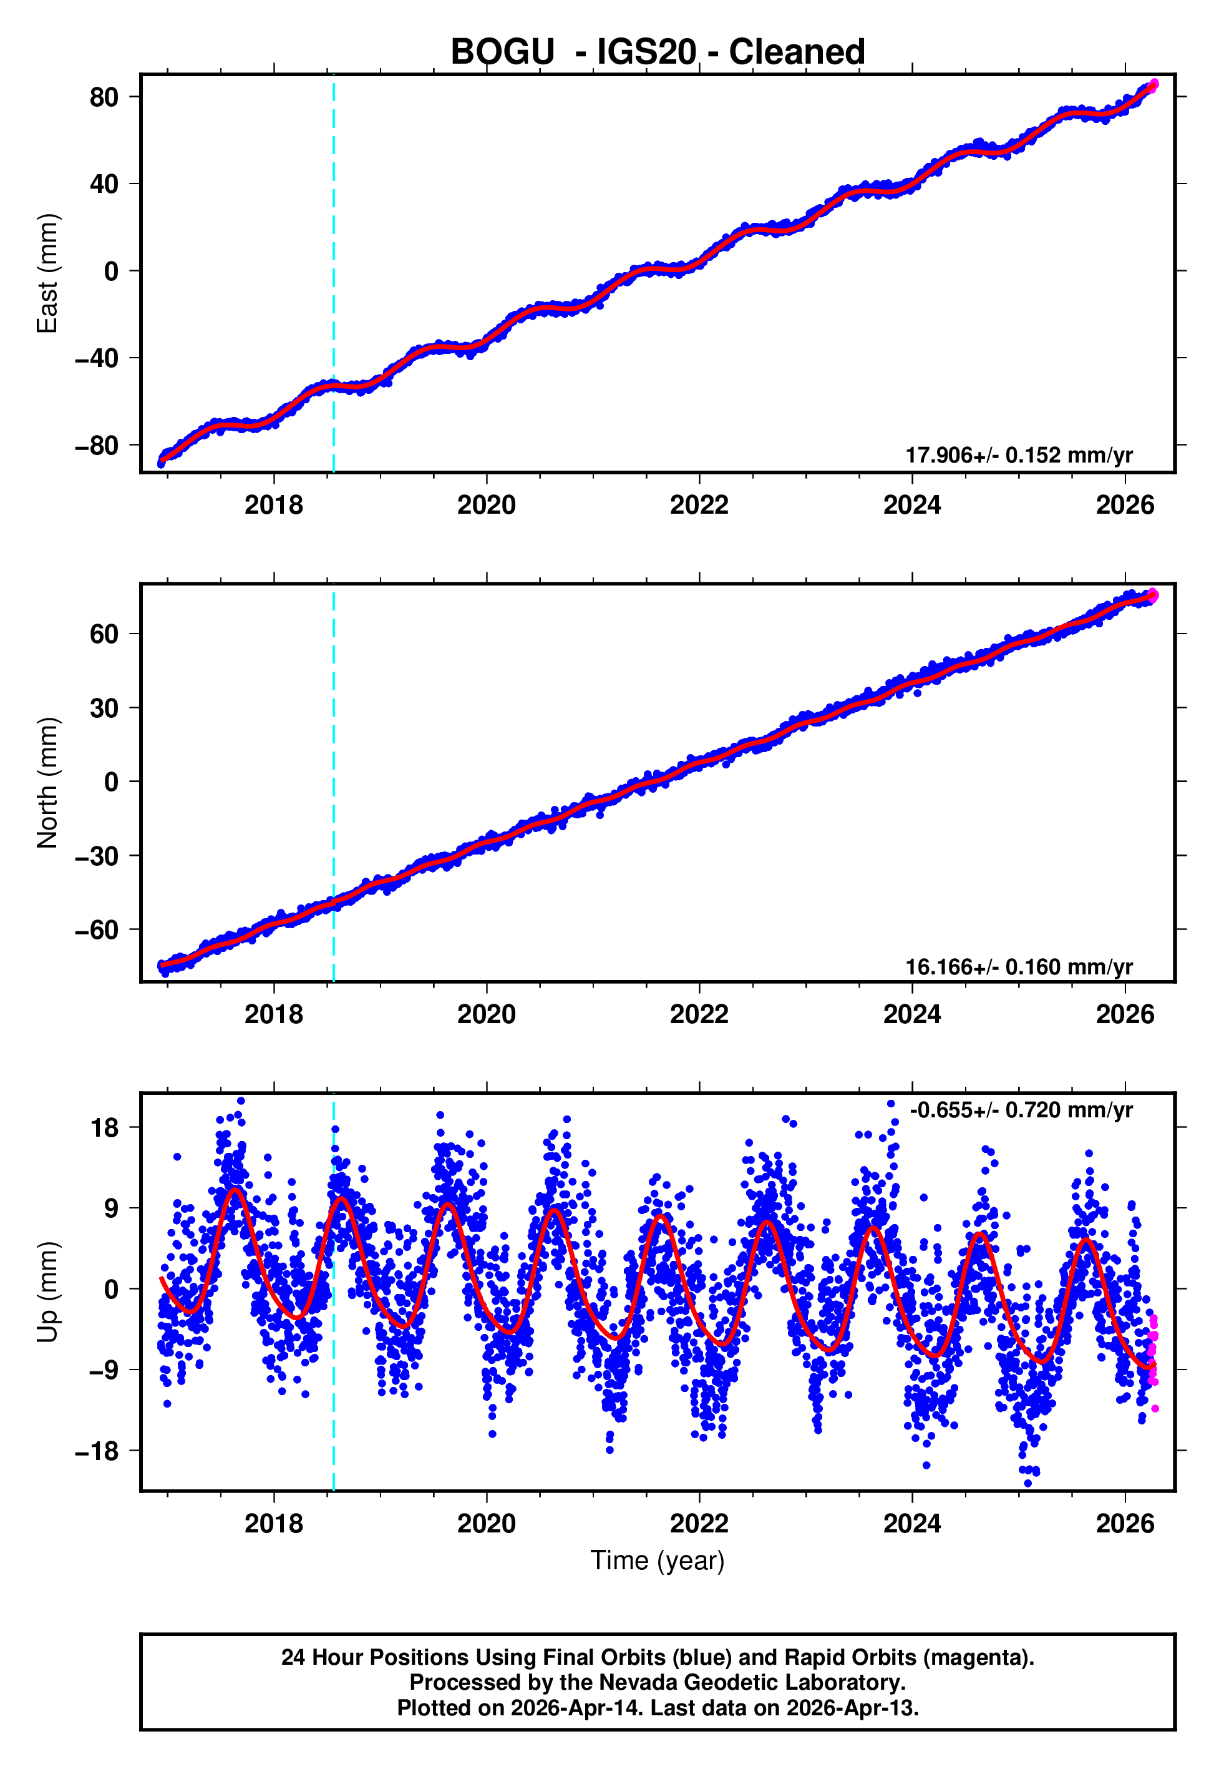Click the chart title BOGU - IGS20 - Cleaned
click(x=658, y=52)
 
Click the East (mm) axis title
click(x=47, y=273)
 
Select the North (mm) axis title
click(x=47, y=783)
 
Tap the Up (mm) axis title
click(x=47, y=1292)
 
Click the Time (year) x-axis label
click(x=658, y=1561)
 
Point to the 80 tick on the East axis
click(x=104, y=97)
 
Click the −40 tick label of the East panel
click(x=97, y=358)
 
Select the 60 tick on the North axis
click(x=104, y=634)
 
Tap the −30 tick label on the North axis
click(x=97, y=856)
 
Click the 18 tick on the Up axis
click(x=104, y=1128)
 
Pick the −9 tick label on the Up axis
click(x=97, y=1370)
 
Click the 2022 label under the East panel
click(x=699, y=505)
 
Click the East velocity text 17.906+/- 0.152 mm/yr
click(x=1019, y=455)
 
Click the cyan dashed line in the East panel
click(x=334, y=230)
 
